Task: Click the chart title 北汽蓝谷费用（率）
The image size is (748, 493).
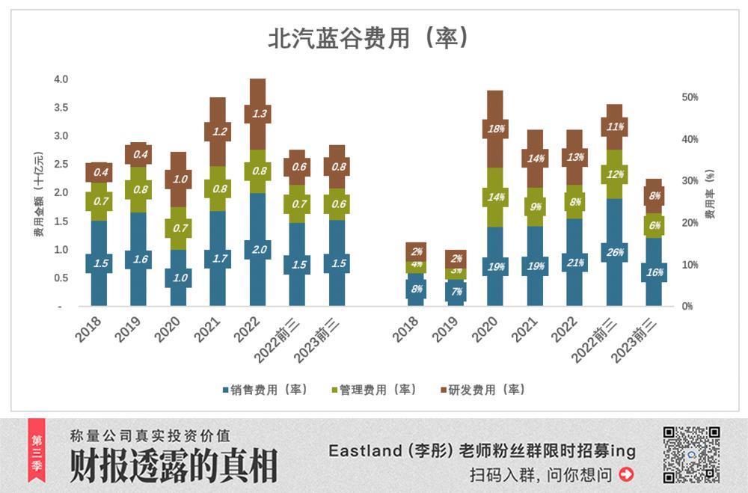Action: pyautogui.click(x=369, y=38)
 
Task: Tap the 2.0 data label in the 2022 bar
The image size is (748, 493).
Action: pyautogui.click(x=258, y=250)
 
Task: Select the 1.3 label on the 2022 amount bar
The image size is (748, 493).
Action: pyautogui.click(x=258, y=114)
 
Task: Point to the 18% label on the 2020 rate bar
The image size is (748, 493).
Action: pyautogui.click(x=494, y=128)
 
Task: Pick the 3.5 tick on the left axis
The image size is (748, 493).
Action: pyautogui.click(x=61, y=108)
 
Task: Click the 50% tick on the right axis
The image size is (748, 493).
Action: pyautogui.click(x=690, y=97)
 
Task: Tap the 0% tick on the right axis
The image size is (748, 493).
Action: pyautogui.click(x=687, y=306)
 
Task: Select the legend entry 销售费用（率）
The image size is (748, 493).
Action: pyautogui.click(x=266, y=390)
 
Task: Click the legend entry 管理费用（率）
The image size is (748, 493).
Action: pyautogui.click(x=374, y=390)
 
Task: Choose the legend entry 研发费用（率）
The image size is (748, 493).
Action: pyautogui.click(x=482, y=390)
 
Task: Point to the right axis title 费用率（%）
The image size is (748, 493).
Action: pyautogui.click(x=710, y=193)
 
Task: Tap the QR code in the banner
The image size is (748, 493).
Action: pyautogui.click(x=691, y=454)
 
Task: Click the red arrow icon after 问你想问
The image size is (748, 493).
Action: pyautogui.click(x=627, y=474)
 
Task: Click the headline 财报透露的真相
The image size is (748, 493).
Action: pyautogui.click(x=174, y=468)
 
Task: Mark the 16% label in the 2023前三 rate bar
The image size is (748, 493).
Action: pyautogui.click(x=654, y=272)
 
